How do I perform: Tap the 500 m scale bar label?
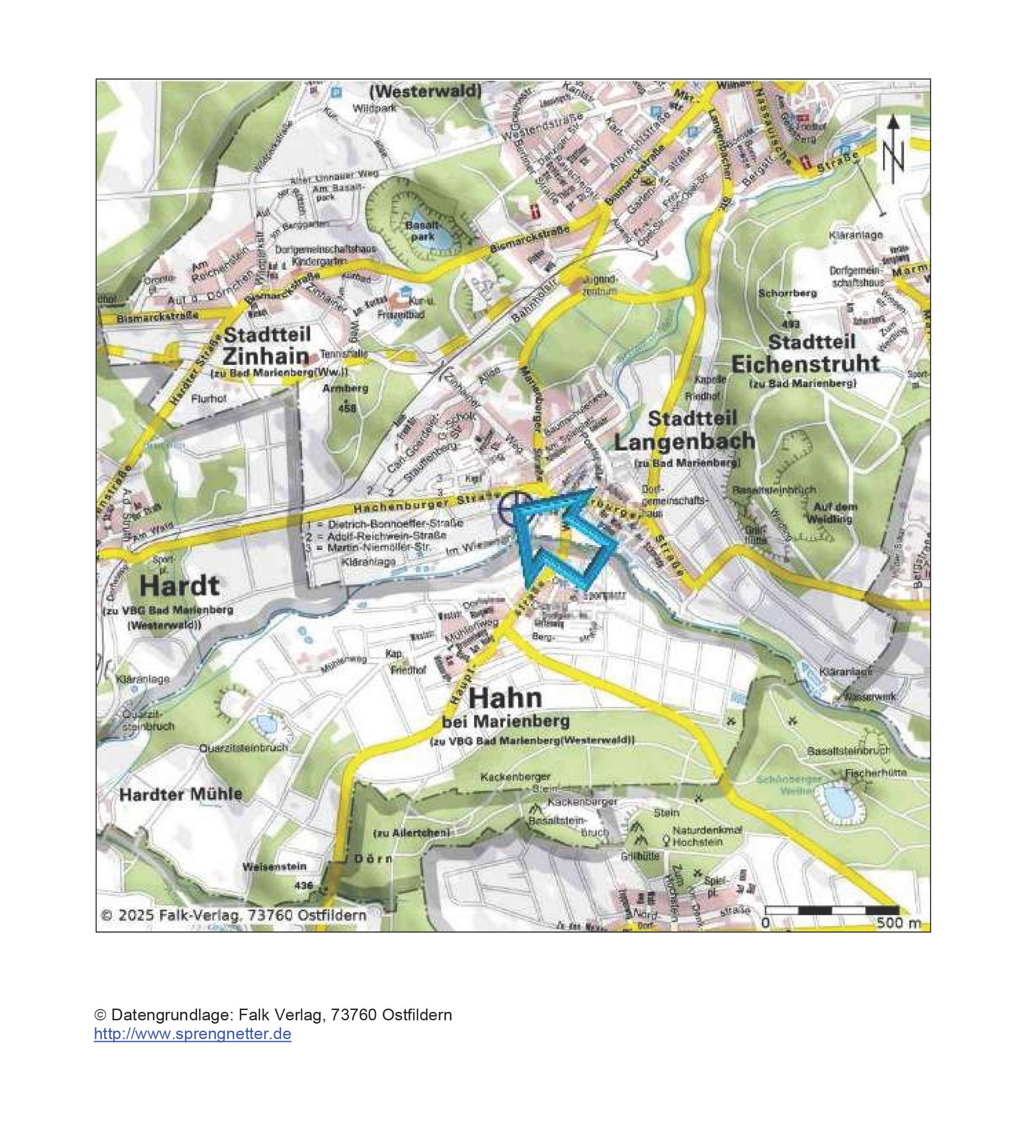(x=898, y=923)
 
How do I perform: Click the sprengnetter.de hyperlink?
(x=192, y=1033)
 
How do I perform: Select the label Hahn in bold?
(x=505, y=698)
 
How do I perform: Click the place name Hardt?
(x=180, y=586)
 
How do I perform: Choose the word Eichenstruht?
(x=805, y=364)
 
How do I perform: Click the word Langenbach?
(x=684, y=441)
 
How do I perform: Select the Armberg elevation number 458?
(x=346, y=409)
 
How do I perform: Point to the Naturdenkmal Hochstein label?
(x=707, y=836)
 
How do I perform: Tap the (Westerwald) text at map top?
(x=426, y=91)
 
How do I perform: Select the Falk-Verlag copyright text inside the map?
(x=233, y=915)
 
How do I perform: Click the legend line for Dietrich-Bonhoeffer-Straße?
(x=385, y=524)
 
